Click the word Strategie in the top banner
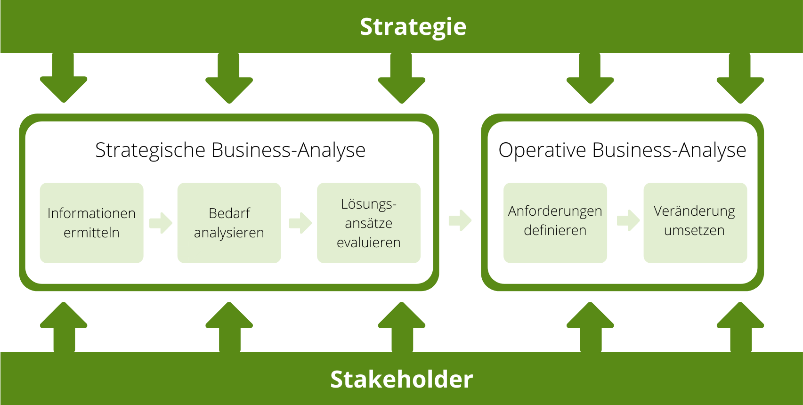[413, 27]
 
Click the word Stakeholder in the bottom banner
[401, 380]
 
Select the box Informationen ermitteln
[91, 223]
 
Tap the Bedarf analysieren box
[229, 223]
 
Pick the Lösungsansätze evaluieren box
[368, 223]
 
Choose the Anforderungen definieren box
[555, 223]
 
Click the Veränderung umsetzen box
[695, 223]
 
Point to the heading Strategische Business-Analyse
[230, 150]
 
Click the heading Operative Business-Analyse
[622, 150]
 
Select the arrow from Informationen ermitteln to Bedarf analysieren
[161, 223]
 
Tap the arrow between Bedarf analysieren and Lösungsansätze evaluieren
[300, 223]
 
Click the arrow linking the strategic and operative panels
[460, 220]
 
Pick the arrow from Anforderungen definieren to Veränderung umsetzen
[628, 220]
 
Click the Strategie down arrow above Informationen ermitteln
[64, 80]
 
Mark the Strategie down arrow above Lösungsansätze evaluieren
[402, 80]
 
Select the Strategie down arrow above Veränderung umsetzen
[740, 80]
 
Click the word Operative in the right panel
[543, 150]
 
